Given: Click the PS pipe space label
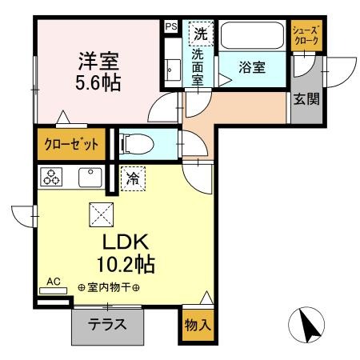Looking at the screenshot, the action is (171, 26).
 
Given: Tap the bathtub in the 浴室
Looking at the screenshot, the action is (252, 36).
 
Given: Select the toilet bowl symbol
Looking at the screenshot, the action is (137, 144).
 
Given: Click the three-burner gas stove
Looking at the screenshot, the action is (51, 177).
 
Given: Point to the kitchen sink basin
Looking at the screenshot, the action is (90, 178).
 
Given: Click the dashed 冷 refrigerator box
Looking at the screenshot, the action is (133, 178).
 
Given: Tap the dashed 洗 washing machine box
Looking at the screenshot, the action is (201, 34).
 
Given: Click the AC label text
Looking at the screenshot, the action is (54, 282).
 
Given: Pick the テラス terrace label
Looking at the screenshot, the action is (107, 324).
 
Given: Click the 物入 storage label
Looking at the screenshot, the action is (198, 325).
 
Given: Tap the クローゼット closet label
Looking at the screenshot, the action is (71, 144).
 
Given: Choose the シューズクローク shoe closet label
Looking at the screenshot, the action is (306, 35).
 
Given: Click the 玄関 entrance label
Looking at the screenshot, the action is (306, 99).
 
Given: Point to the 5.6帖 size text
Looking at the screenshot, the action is (98, 82).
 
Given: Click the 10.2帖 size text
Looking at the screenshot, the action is (126, 264).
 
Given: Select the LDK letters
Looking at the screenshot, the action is (126, 242).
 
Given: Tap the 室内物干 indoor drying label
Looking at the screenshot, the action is (109, 287).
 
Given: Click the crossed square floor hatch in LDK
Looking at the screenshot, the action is (102, 214).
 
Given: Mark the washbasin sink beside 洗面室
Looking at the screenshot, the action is (172, 70).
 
